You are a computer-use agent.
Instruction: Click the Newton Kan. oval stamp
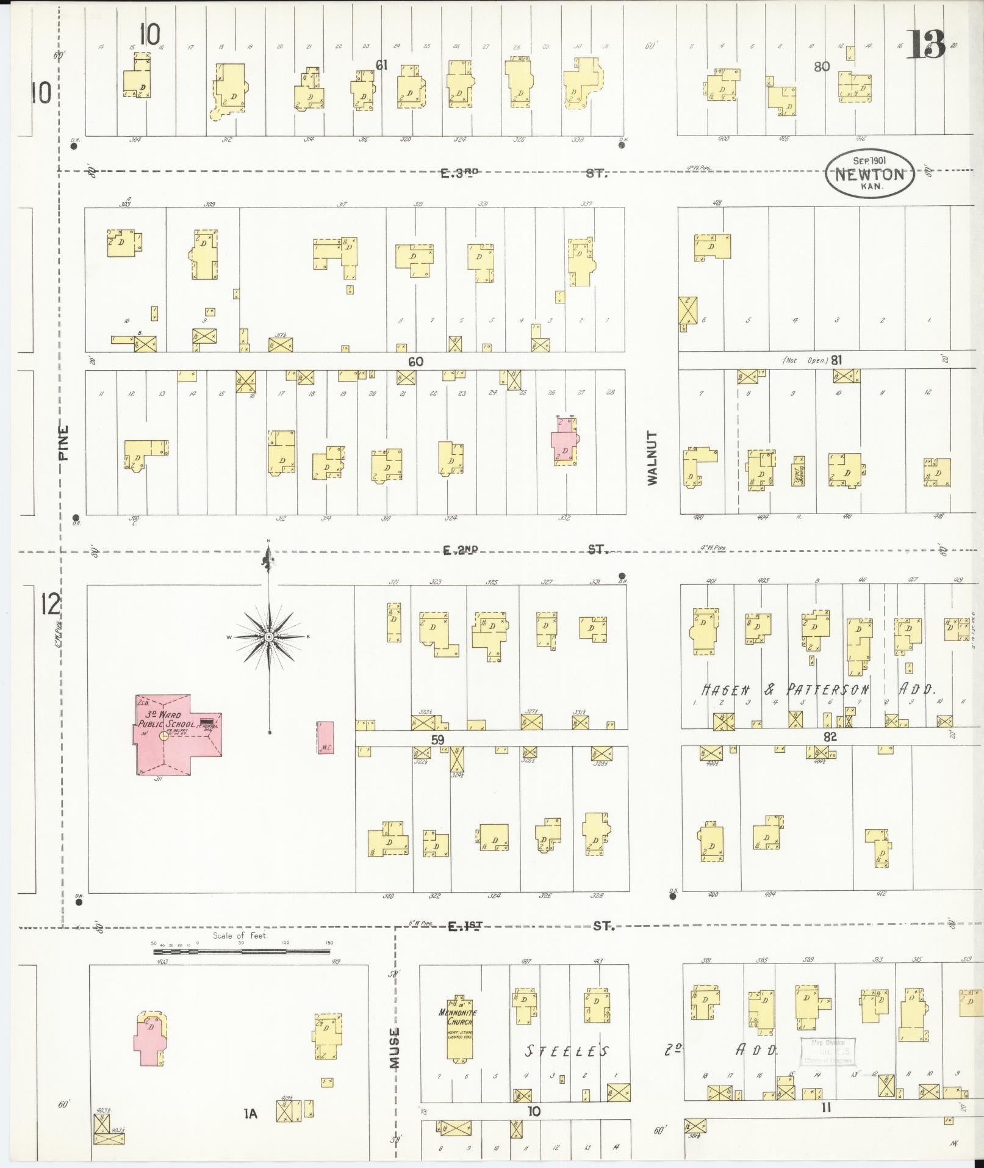pos(869,174)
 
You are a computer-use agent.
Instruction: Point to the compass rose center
pos(268,637)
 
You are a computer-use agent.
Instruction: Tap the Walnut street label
pos(653,458)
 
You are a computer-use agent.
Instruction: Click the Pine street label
pos(64,443)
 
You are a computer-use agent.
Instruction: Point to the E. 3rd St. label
pos(525,173)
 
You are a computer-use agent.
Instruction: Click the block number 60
pos(415,362)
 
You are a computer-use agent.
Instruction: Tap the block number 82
pos(830,737)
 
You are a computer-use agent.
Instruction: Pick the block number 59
pos(437,740)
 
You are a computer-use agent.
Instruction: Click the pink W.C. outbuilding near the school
pos(325,737)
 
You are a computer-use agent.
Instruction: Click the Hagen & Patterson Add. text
pos(817,689)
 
